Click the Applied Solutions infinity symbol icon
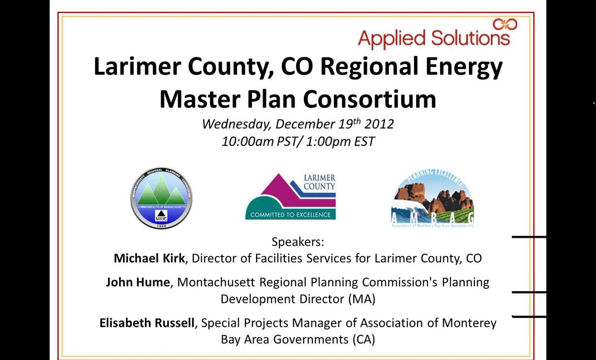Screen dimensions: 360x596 point(505,24)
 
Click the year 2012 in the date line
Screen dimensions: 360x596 point(379,124)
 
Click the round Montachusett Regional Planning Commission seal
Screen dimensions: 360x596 point(161,197)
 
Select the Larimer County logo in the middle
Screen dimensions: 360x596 point(291,196)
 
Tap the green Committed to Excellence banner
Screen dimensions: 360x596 point(291,215)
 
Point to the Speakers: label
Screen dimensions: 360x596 point(298,242)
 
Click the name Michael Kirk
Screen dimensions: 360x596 point(149,258)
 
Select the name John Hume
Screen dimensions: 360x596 point(137,282)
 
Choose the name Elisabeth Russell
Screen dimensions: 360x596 point(147,323)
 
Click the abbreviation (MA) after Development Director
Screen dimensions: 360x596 point(361,299)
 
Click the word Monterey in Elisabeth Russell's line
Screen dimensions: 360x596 point(469,323)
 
